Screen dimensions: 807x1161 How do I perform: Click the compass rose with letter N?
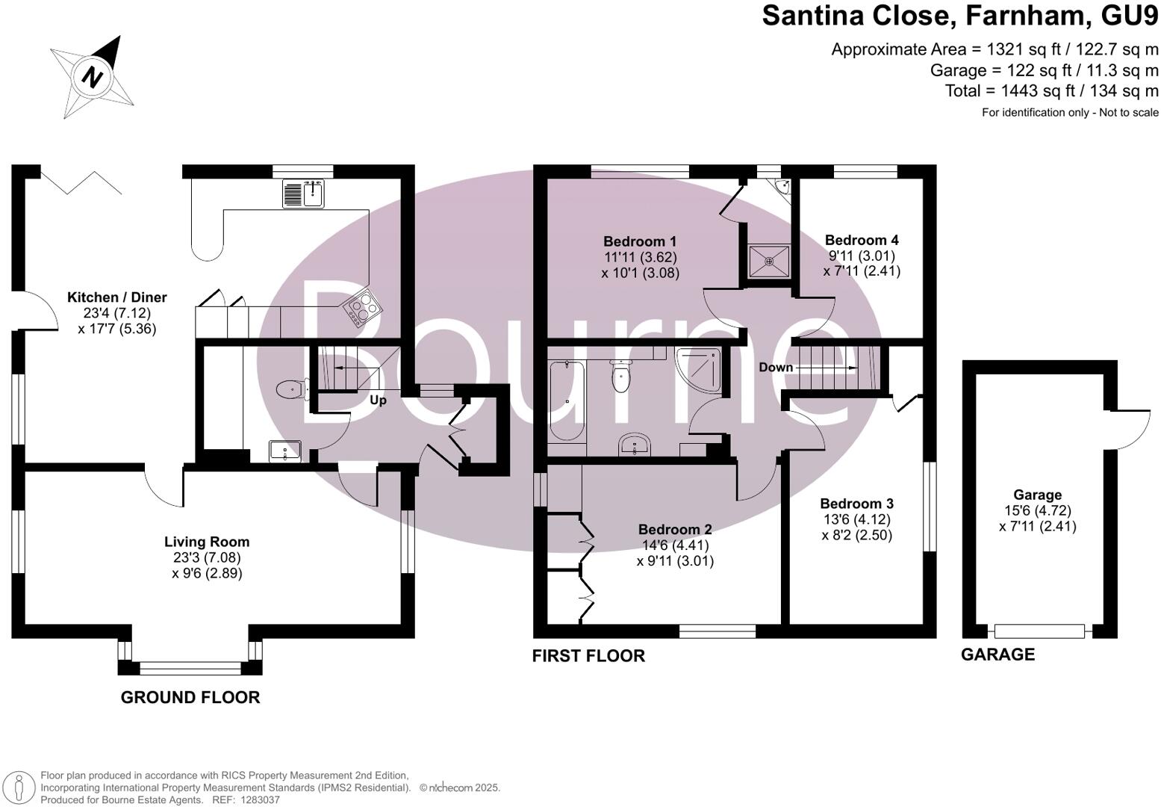(x=93, y=75)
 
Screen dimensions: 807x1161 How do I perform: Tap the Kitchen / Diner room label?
(x=116, y=297)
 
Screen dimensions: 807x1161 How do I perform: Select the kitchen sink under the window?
(x=303, y=194)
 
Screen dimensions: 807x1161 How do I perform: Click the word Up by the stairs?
(x=378, y=401)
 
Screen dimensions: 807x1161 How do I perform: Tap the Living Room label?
(x=207, y=542)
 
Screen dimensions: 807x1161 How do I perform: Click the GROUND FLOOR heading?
(x=190, y=697)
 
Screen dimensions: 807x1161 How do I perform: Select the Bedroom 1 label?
(x=640, y=241)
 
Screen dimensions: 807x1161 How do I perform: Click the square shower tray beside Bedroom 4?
(x=769, y=261)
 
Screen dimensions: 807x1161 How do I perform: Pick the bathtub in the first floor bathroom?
(x=567, y=402)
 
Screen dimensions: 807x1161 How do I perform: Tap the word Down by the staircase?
(x=776, y=368)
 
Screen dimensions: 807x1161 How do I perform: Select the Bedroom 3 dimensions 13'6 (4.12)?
(x=856, y=519)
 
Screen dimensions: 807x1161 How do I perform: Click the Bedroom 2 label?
(x=675, y=529)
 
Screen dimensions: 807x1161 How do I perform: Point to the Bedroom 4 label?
(x=862, y=240)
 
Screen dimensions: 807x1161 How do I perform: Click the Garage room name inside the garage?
(x=1037, y=495)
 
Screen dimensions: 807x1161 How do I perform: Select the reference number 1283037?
(x=258, y=800)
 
